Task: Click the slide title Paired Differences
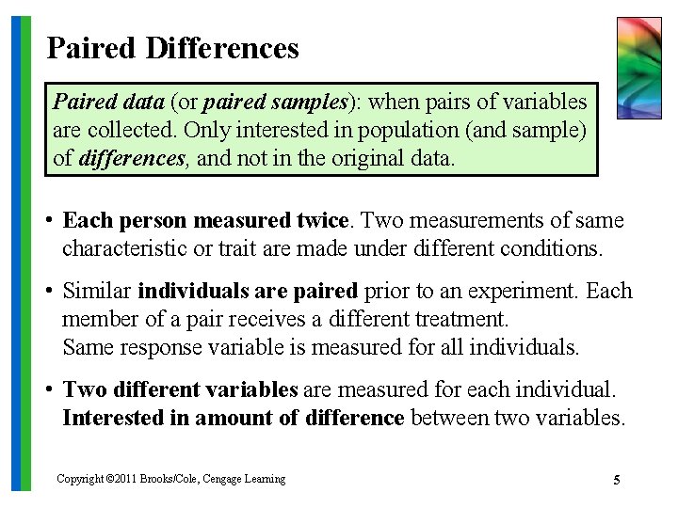click(172, 47)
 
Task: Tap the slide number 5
click(616, 481)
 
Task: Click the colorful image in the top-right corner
click(638, 68)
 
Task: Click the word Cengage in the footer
click(218, 480)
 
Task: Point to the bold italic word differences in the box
click(132, 158)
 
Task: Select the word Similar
click(97, 292)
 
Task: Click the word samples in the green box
click(308, 102)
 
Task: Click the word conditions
click(555, 248)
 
